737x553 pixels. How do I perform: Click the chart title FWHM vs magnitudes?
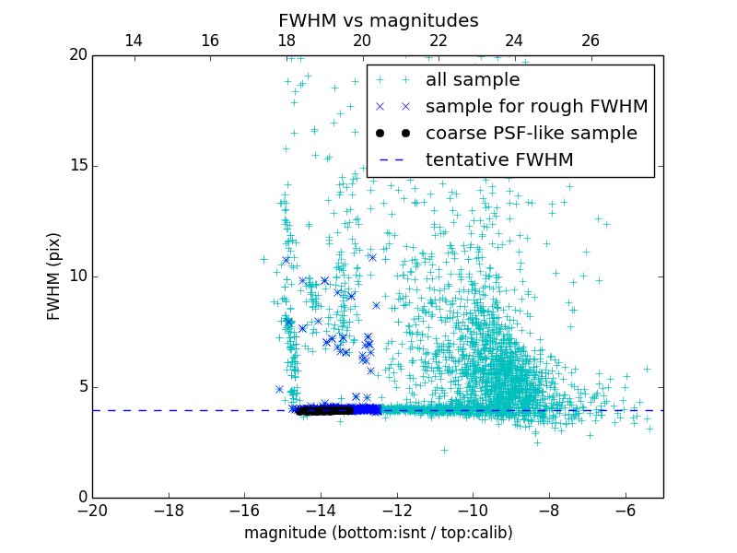pyautogui.click(x=378, y=20)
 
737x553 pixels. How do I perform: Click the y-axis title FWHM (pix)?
pyautogui.click(x=54, y=276)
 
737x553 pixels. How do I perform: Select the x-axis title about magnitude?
pyautogui.click(x=378, y=533)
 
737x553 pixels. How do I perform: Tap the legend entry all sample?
pyautogui.click(x=472, y=80)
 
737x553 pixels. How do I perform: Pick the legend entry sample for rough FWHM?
pyautogui.click(x=536, y=107)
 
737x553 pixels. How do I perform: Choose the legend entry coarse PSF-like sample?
pyautogui.click(x=531, y=134)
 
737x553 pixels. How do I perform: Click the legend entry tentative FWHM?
pyautogui.click(x=499, y=160)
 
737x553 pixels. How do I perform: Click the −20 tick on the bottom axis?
pyautogui.click(x=92, y=510)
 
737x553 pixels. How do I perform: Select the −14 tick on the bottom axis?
pyautogui.click(x=321, y=510)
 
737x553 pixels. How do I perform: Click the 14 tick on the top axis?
pyautogui.click(x=134, y=41)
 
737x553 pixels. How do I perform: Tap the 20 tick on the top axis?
pyautogui.click(x=362, y=41)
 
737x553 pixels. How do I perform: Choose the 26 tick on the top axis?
pyautogui.click(x=591, y=41)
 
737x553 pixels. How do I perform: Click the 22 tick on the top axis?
pyautogui.click(x=439, y=41)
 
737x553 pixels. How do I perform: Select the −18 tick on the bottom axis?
pyautogui.click(x=169, y=510)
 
